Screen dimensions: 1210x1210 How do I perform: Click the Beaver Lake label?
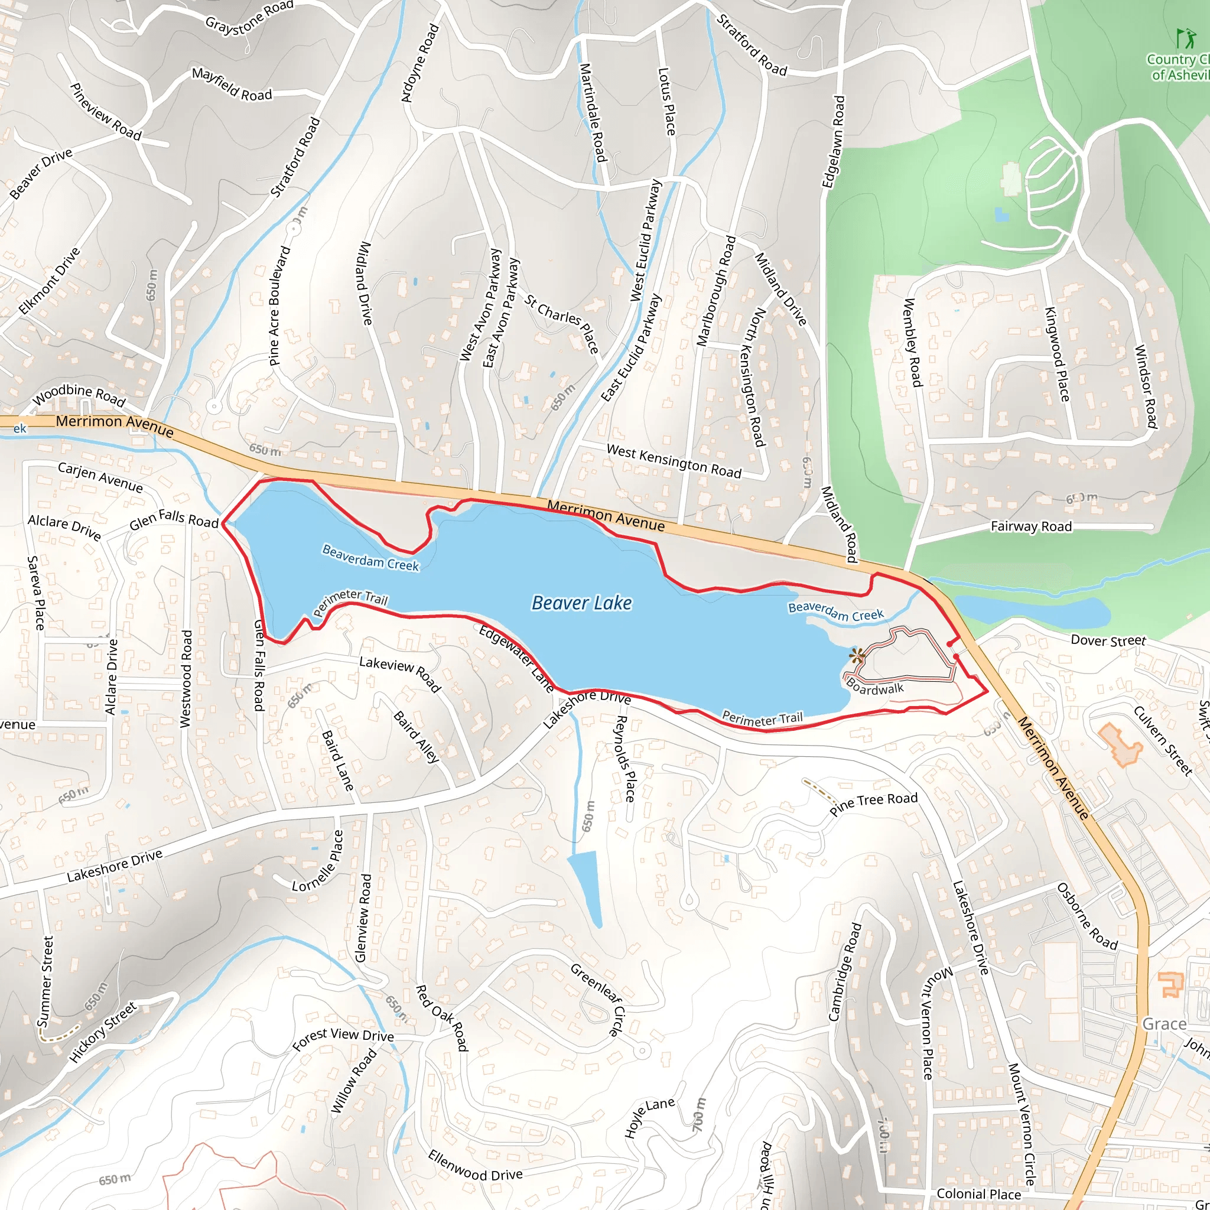pos(581,603)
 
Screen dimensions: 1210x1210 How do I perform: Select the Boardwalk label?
pos(875,687)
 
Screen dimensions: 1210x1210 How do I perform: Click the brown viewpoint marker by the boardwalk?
pos(856,656)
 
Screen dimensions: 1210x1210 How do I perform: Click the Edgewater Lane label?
pos(516,658)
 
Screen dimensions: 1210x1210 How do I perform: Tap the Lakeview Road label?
pos(399,674)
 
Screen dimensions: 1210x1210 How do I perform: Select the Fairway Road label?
pos(1031,526)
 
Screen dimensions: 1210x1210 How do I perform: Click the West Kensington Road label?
pos(674,461)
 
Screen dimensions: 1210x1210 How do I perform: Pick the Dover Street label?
pos(1108,640)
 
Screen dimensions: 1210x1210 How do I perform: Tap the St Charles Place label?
pos(562,324)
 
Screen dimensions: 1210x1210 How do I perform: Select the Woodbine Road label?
pos(79,395)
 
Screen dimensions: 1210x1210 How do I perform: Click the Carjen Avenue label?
pos(100,477)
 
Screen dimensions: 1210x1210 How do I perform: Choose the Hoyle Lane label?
pos(649,1117)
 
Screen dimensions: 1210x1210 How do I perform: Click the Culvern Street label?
pos(1162,740)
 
